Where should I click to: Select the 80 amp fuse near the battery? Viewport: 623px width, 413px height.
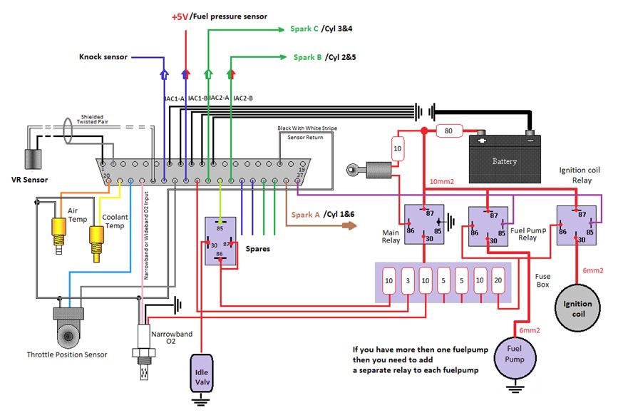click(448, 131)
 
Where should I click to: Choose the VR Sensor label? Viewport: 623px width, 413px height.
click(24, 179)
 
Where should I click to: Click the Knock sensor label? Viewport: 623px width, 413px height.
click(103, 57)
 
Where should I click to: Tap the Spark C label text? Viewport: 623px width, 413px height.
click(305, 29)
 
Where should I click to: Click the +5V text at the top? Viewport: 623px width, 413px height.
click(182, 16)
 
